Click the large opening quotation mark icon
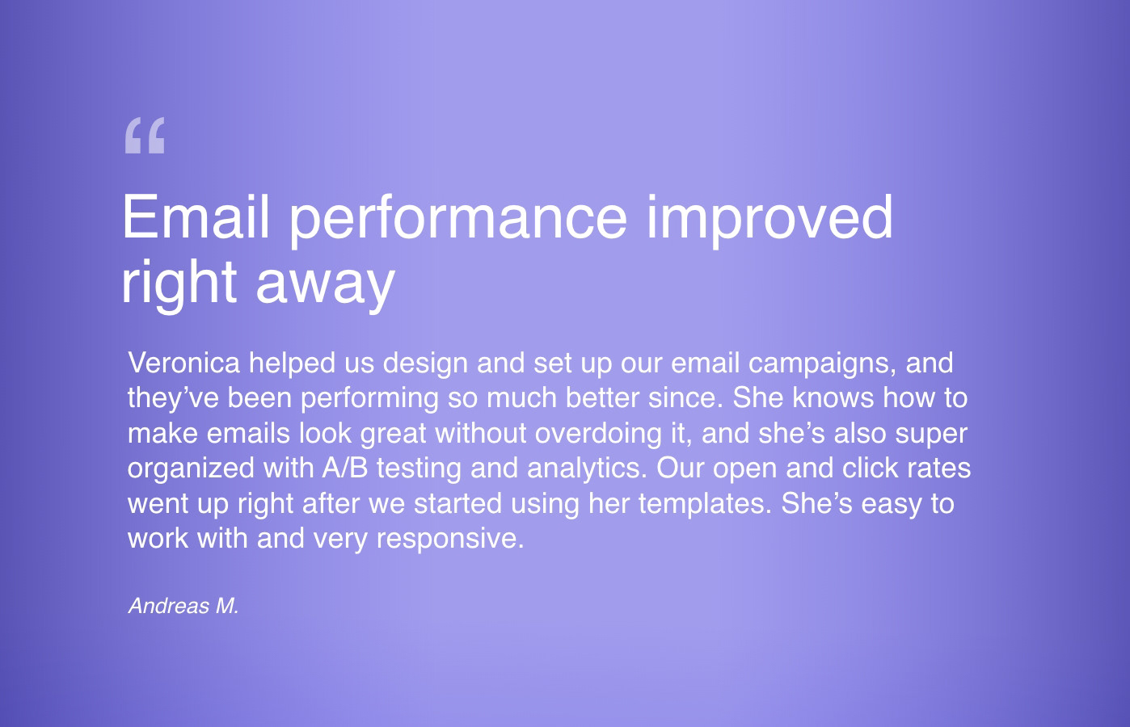coord(145,135)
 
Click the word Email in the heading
coord(196,217)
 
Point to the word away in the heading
coord(326,284)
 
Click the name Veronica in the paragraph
coord(184,363)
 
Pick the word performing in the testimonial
coord(369,400)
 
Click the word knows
coord(833,397)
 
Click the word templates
coord(706,505)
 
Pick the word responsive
coord(450,540)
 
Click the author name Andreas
coord(169,606)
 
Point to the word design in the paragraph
coord(425,365)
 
